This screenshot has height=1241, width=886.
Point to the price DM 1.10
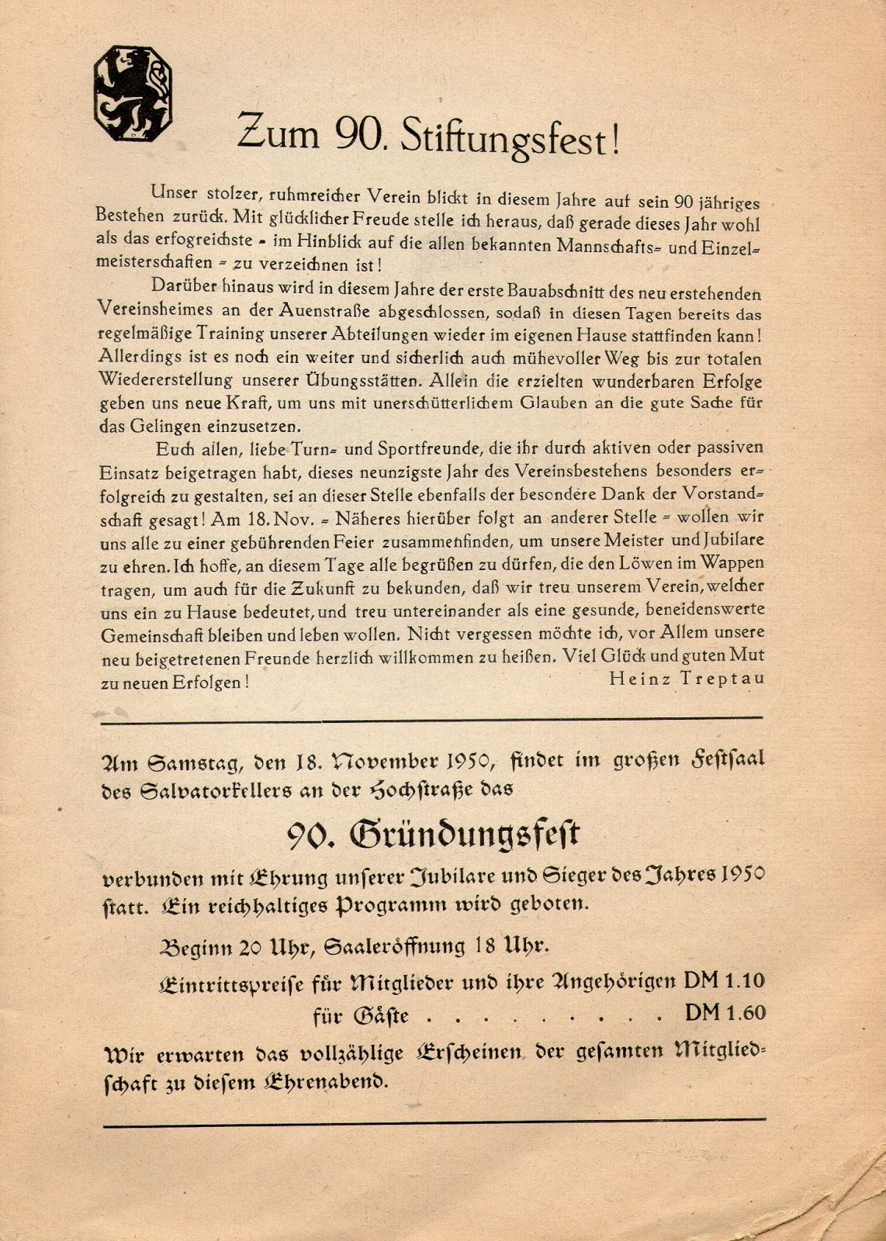[x=724, y=980]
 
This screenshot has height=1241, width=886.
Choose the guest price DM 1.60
[x=725, y=1012]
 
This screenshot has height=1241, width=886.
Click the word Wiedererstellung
[x=165, y=381]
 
